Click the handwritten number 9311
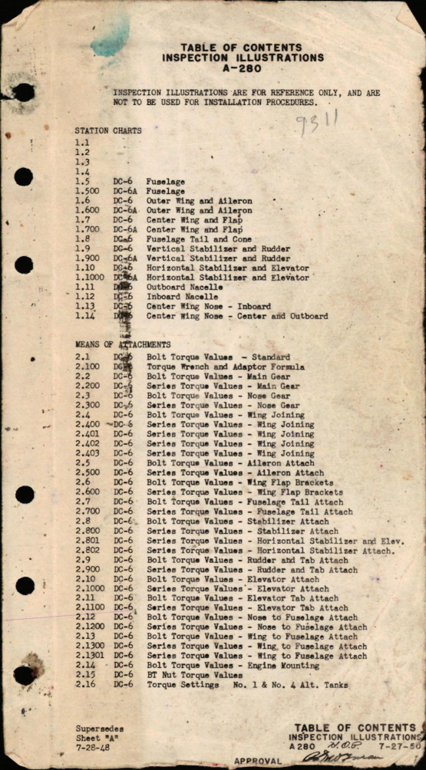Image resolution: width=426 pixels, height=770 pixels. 318,123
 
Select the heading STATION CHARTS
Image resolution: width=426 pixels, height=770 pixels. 107,130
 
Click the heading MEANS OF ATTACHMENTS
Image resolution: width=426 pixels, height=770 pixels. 122,345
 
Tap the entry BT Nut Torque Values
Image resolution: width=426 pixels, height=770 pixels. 194,676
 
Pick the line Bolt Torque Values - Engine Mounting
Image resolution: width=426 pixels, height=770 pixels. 233,666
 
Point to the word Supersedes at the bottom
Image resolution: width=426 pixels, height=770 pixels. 100,729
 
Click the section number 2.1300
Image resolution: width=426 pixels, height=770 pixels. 91,647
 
